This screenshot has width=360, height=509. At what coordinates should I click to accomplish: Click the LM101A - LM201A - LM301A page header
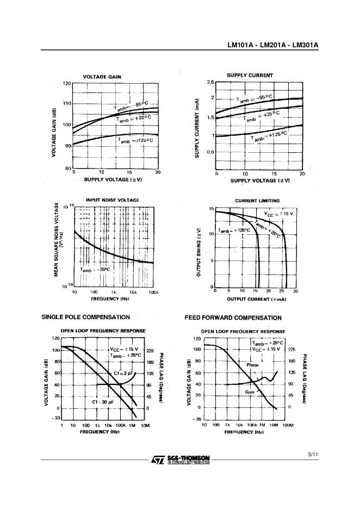point(272,46)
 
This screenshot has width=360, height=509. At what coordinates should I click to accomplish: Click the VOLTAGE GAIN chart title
point(102,77)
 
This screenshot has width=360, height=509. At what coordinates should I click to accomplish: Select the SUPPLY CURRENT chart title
point(250,75)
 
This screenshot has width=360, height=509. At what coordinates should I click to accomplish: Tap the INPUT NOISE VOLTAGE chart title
point(113,200)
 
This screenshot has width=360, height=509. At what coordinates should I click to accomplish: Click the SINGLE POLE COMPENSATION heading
point(86,317)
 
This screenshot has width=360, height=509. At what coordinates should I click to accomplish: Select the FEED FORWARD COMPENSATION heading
point(233,318)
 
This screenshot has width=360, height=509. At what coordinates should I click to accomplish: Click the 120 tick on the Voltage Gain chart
point(67,83)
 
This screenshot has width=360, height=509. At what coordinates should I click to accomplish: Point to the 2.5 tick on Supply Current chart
point(210,83)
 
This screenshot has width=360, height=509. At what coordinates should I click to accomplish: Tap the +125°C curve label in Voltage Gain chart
point(135,140)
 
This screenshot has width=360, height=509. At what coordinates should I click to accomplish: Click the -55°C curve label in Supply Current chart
point(255,98)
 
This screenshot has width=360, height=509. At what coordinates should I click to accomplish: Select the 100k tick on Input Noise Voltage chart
point(153,293)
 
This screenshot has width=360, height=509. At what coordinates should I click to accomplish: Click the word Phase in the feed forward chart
point(252,365)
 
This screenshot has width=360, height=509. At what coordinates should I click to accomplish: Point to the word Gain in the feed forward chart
point(250,392)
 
